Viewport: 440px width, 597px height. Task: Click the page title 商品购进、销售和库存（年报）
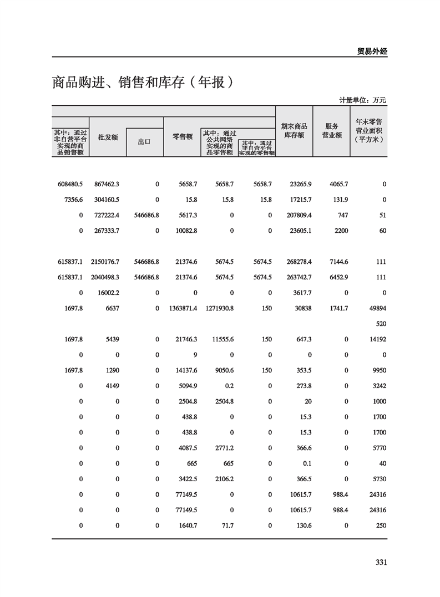[141, 83]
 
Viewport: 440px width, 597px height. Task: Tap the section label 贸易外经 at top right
[371, 51]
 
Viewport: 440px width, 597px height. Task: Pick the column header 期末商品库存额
[294, 131]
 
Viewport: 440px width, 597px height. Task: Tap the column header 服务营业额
[331, 131]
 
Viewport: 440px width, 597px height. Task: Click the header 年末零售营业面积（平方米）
[368, 131]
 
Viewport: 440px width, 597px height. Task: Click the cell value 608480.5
[69, 184]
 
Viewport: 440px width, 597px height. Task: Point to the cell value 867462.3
[107, 184]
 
